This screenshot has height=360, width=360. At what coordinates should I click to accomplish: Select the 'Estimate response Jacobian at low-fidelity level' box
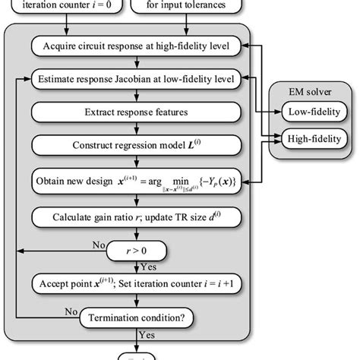click(x=135, y=77)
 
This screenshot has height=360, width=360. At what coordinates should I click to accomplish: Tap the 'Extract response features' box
click(x=135, y=112)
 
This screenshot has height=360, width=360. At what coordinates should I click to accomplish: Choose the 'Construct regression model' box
click(x=135, y=145)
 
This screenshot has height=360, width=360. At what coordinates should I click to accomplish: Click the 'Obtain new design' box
click(x=135, y=182)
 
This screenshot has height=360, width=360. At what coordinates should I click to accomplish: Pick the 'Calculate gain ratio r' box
click(x=135, y=219)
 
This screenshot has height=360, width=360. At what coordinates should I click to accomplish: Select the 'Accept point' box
click(x=135, y=285)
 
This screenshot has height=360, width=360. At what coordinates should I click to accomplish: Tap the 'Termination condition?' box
click(x=135, y=319)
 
